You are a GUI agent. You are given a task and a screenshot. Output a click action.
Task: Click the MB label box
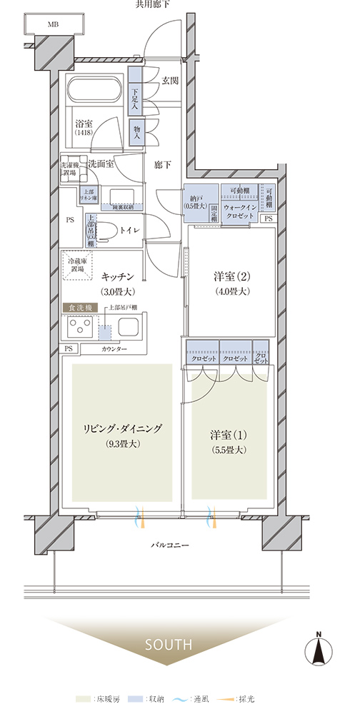click(54, 24)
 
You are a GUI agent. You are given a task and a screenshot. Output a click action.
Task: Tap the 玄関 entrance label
click(169, 80)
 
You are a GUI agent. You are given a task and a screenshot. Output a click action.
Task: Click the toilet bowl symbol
click(108, 230)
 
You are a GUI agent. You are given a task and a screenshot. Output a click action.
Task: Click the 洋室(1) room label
click(228, 435)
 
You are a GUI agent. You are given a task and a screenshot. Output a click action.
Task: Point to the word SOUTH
click(169, 644)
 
